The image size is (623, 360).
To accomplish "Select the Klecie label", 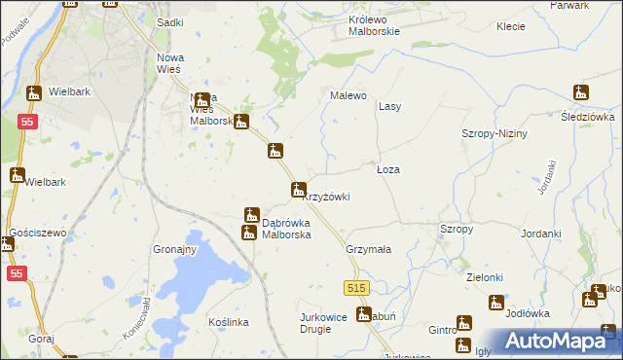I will coord(511,26).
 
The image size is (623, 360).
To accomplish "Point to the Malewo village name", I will coord(348,95).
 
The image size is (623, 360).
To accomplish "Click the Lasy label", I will coord(390,106).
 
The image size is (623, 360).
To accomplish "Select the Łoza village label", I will coord(388,169).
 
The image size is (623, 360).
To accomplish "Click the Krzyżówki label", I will coord(327,197).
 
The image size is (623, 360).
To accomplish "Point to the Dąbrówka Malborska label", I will coord(286,229).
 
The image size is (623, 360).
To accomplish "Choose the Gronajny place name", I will coord(175,249).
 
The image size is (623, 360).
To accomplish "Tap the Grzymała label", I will coord(368,249).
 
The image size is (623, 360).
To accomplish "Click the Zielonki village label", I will coord(484,277).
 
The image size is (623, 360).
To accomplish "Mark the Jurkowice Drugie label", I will coord(329,323).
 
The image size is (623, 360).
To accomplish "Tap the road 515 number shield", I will coord(356,288).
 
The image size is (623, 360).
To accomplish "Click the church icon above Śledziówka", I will coord(581,93).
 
